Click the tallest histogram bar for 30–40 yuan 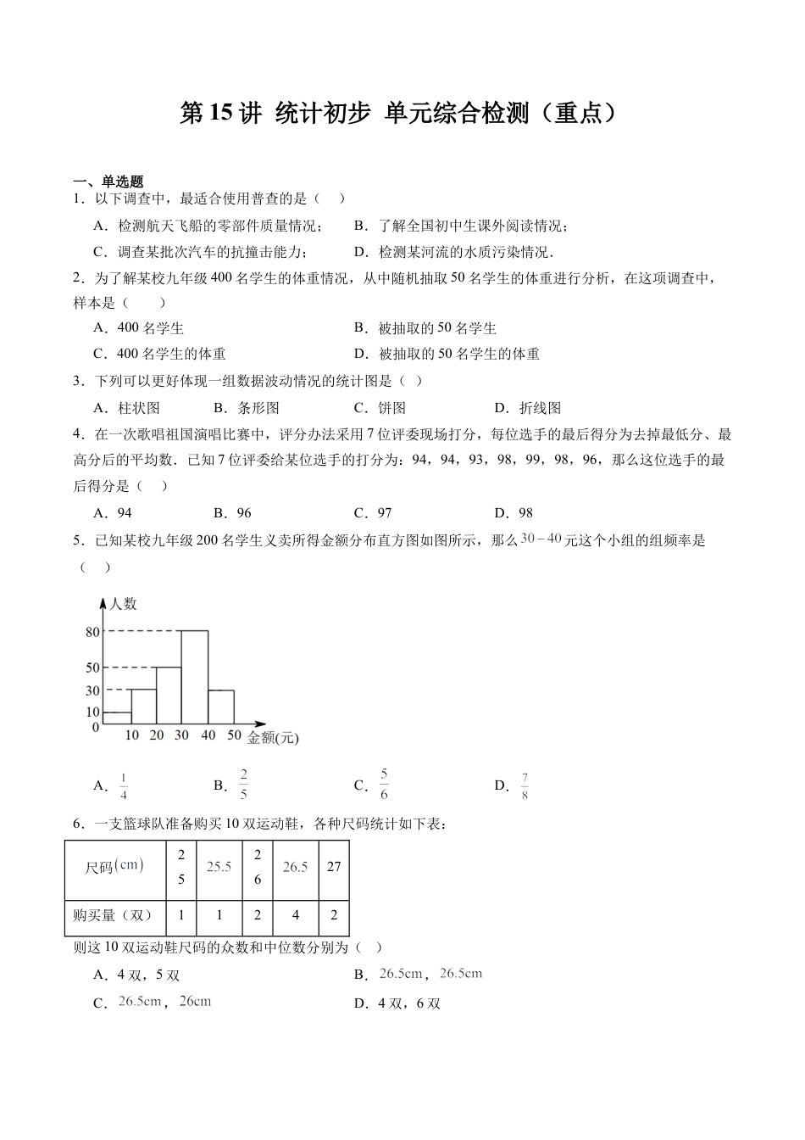(195, 679)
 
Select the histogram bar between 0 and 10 (116, 719)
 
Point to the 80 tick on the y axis (92, 632)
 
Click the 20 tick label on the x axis (157, 735)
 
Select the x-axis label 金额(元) (273, 738)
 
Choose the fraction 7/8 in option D (525, 786)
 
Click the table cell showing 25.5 (219, 867)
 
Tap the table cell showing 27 (334, 867)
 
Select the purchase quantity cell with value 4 (295, 915)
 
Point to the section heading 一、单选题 (108, 182)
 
